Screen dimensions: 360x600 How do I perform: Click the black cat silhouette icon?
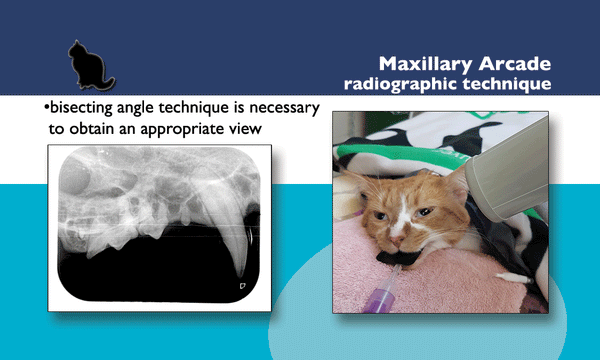click(x=89, y=66)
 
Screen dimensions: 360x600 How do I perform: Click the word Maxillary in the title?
click(x=424, y=64)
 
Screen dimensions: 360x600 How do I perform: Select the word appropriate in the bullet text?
click(x=185, y=129)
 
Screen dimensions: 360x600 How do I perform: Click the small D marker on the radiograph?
click(x=241, y=286)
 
